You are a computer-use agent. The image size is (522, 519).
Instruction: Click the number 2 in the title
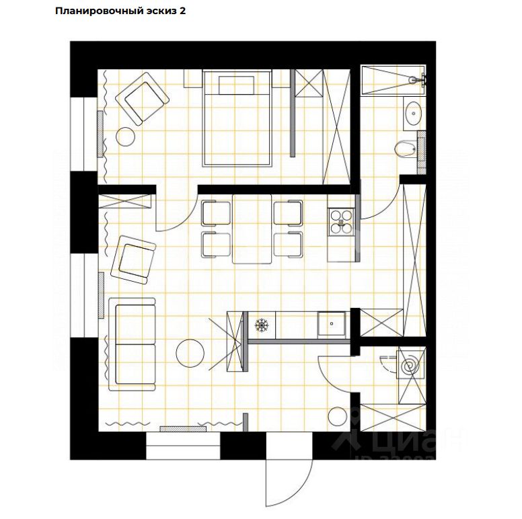tap(182, 12)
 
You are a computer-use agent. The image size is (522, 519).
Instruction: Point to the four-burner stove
tap(341, 221)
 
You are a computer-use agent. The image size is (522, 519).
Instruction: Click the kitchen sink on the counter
tap(332, 323)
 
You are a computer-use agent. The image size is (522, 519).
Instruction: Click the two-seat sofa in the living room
tap(132, 344)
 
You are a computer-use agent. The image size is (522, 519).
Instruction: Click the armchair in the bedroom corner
tap(142, 99)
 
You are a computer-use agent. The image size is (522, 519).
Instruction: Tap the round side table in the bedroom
tap(126, 136)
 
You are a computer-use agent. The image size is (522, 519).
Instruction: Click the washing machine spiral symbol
tap(409, 367)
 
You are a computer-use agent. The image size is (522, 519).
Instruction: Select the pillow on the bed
tap(236, 85)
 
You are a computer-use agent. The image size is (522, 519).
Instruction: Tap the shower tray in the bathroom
tap(392, 79)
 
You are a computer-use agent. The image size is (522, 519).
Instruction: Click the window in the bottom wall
tap(183, 446)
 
